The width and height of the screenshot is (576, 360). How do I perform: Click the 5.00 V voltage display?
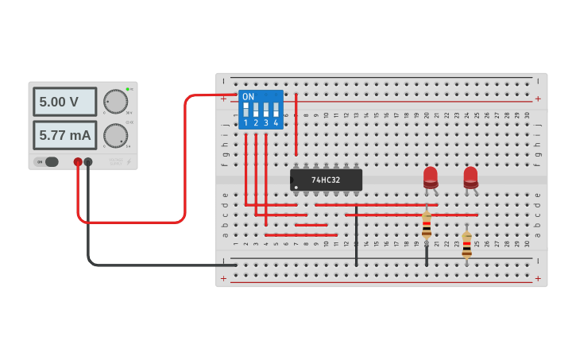[64, 102]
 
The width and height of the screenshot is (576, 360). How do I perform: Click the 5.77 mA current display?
[64, 135]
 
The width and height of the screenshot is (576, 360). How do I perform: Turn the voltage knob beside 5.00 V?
[115, 102]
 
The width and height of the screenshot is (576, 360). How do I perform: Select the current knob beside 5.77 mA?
[115, 135]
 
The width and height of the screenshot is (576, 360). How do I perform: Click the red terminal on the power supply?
[78, 162]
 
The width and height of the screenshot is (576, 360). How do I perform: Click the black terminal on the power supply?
[88, 162]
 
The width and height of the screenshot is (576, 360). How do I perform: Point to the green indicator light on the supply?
[127, 89]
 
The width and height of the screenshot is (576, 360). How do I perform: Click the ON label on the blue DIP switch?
[249, 97]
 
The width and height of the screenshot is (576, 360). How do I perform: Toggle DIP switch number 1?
[246, 110]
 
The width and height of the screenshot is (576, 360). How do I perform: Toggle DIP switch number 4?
[276, 110]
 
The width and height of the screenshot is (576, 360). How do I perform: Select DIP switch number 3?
[266, 110]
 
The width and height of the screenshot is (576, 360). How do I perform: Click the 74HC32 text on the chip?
[326, 180]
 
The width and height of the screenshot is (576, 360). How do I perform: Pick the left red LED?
[430, 176]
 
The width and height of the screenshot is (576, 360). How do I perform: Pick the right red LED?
[470, 176]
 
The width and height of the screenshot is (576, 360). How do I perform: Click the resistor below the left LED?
[427, 225]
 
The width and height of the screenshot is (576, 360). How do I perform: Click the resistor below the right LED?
[466, 245]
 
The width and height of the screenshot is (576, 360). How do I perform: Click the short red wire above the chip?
[296, 124]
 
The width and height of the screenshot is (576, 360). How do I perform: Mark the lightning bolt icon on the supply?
[130, 162]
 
